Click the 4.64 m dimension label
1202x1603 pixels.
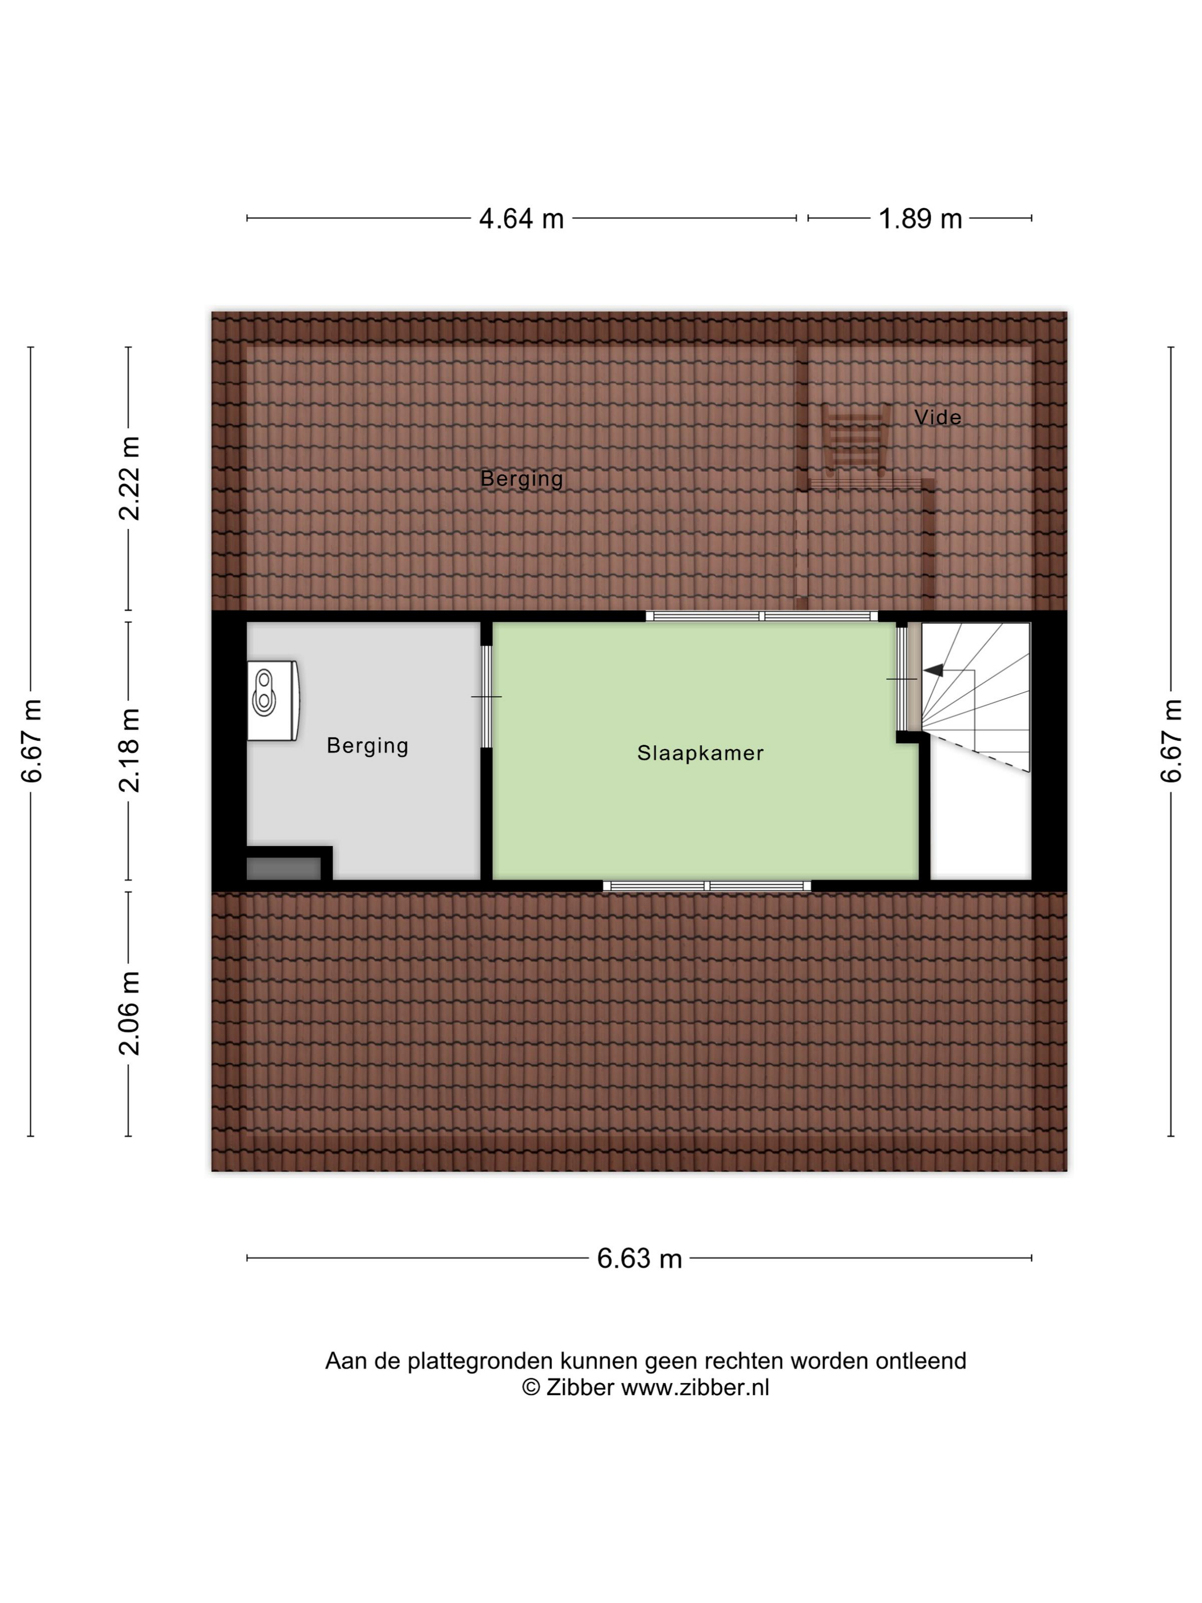pos(521,218)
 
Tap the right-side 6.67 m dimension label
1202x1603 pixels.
pos(1171,741)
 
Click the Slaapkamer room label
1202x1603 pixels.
pos(700,753)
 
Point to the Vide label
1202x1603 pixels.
pos(938,417)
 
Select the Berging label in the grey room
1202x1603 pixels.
pos(367,746)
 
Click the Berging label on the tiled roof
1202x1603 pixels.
pos(521,479)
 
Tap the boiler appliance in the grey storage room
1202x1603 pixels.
pos(272,700)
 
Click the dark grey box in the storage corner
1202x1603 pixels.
pos(283,868)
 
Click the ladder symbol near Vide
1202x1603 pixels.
pos(856,440)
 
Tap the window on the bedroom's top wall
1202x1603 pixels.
pos(761,616)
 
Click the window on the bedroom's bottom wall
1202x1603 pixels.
pos(706,886)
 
